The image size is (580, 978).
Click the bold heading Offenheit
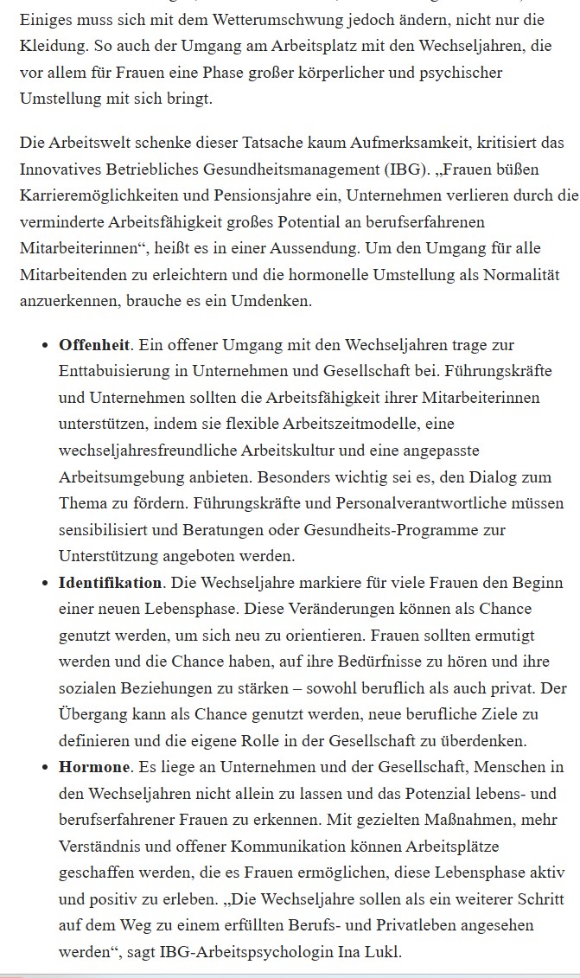point(94,345)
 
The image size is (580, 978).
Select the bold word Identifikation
point(110,582)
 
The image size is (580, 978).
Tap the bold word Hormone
point(93,767)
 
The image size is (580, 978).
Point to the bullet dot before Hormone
point(45,768)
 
